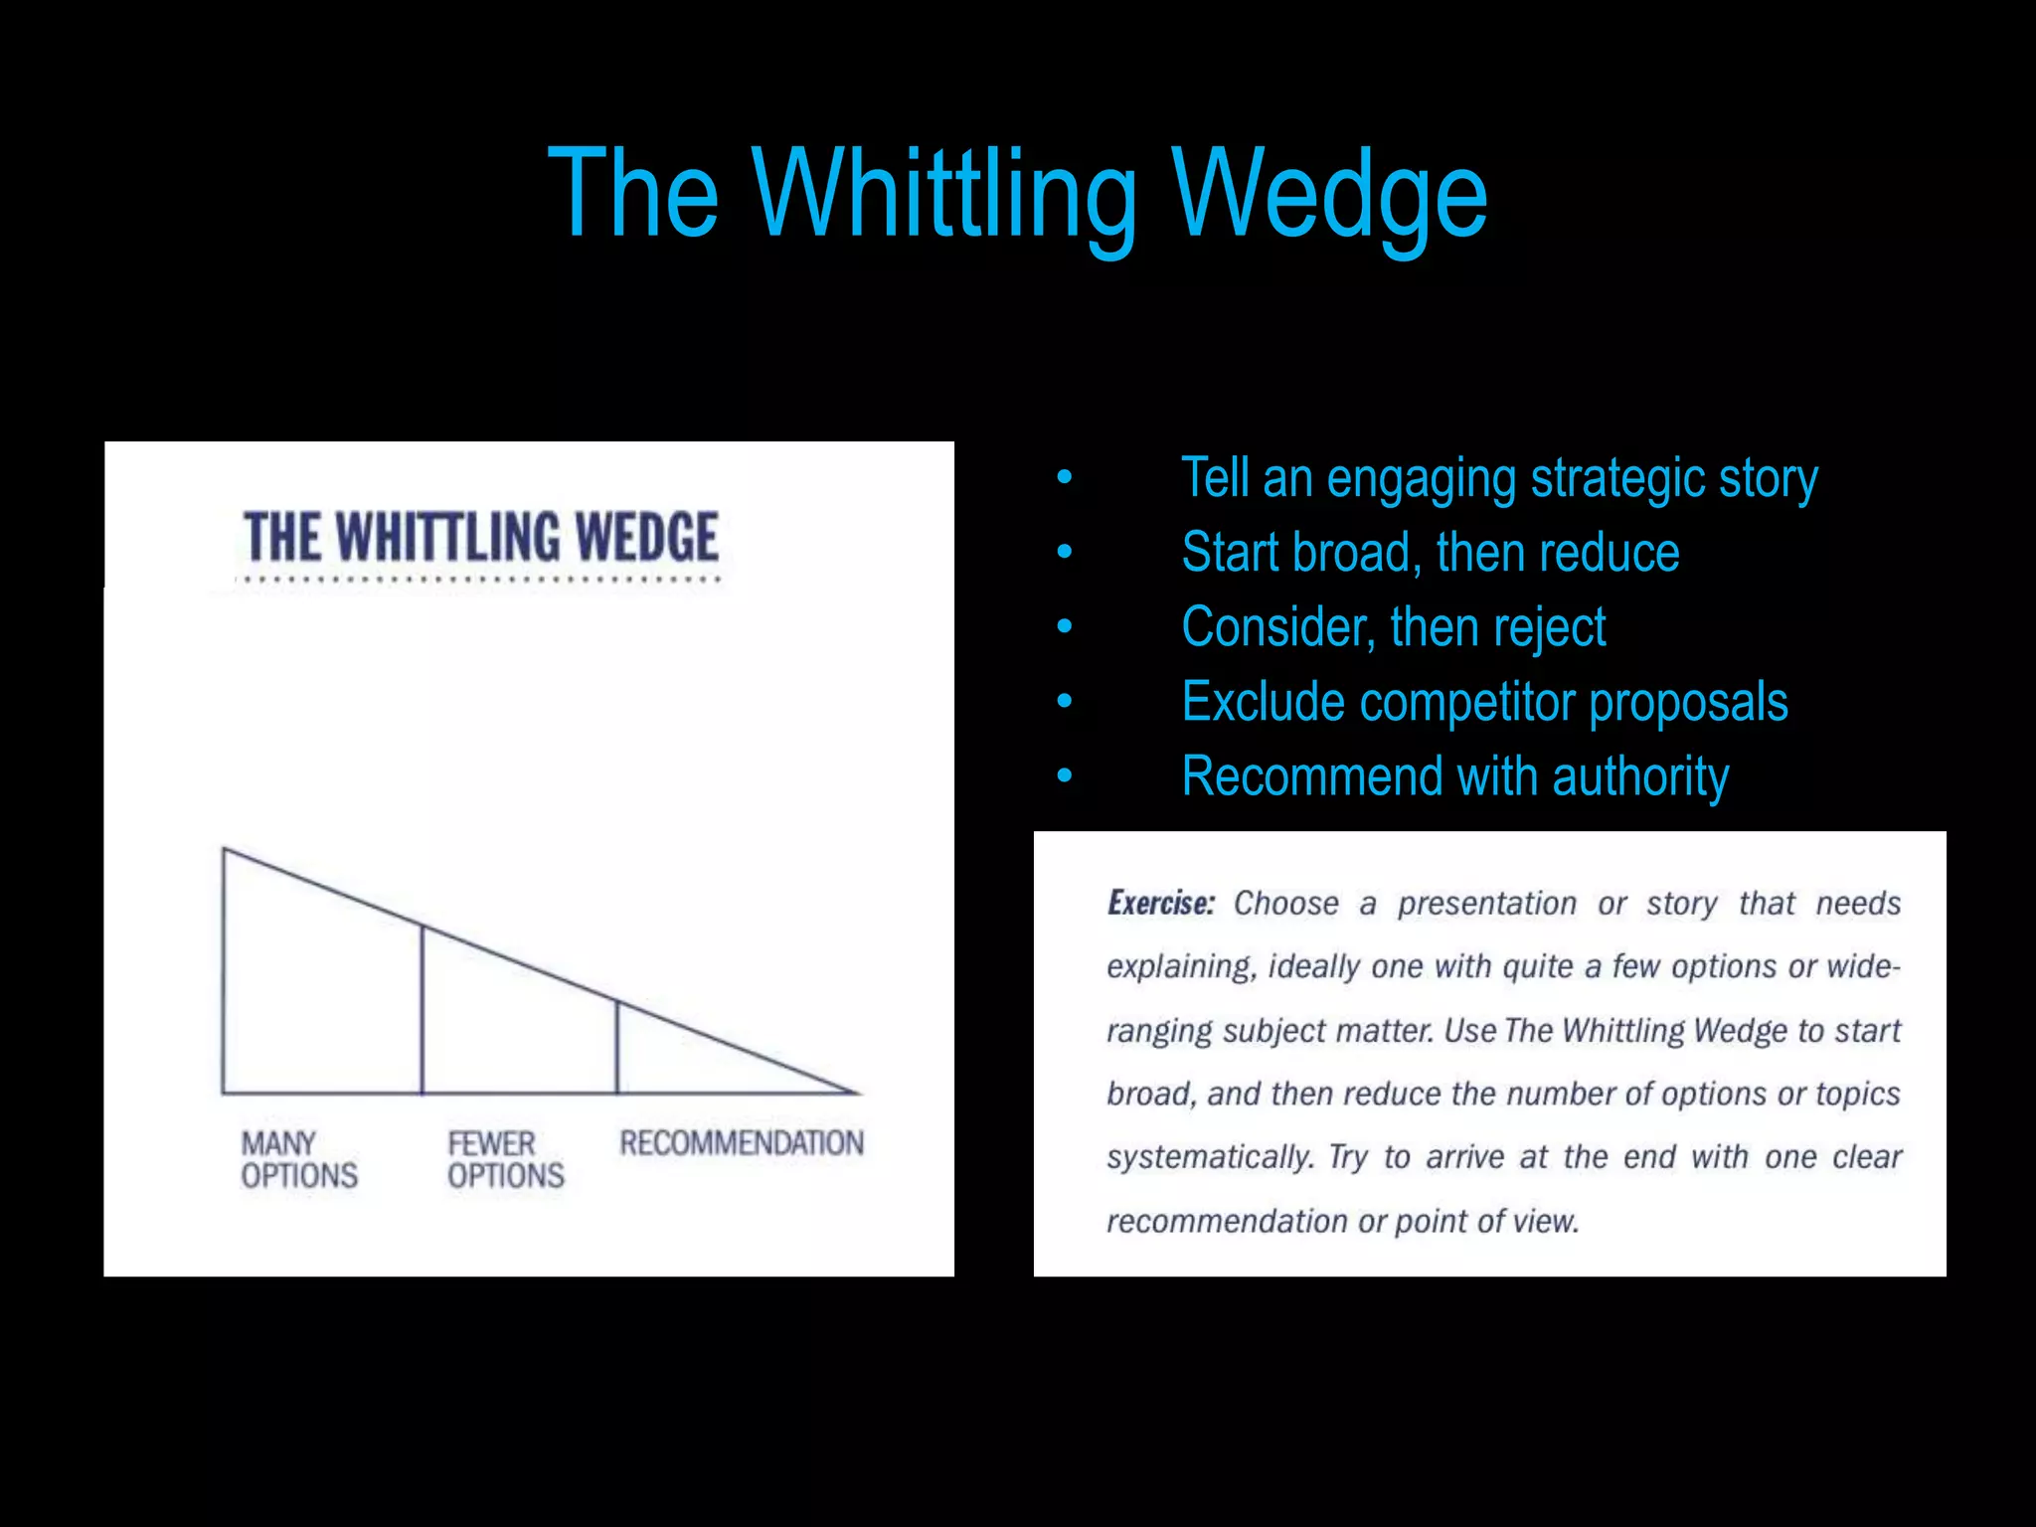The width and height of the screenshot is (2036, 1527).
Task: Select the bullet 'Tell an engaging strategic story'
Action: click(x=1499, y=479)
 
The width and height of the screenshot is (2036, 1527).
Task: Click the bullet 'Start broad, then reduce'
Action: click(x=1430, y=553)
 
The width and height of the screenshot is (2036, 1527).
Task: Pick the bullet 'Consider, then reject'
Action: click(x=1393, y=627)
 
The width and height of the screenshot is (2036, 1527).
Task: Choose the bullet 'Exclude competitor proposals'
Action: click(x=1484, y=702)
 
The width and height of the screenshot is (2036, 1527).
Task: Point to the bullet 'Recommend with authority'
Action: click(x=1454, y=776)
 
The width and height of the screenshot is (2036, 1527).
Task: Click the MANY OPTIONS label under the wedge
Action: click(x=298, y=1159)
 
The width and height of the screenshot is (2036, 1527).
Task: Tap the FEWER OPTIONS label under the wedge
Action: click(x=505, y=1159)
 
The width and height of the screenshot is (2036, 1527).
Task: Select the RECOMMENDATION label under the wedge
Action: click(x=742, y=1143)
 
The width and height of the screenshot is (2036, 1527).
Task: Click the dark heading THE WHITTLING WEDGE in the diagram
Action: click(x=481, y=537)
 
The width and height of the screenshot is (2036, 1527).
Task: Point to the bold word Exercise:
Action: click(x=1160, y=903)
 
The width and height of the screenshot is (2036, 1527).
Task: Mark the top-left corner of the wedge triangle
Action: click(x=225, y=850)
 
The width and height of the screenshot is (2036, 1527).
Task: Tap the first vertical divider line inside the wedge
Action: click(x=423, y=1009)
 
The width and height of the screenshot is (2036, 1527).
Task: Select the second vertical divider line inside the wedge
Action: click(x=617, y=1046)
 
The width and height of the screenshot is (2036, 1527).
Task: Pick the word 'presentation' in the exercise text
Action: click(x=1486, y=903)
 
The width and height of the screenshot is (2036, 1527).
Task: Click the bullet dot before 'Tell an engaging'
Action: click(x=1065, y=478)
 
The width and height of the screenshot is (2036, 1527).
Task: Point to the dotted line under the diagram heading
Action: click(x=481, y=579)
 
